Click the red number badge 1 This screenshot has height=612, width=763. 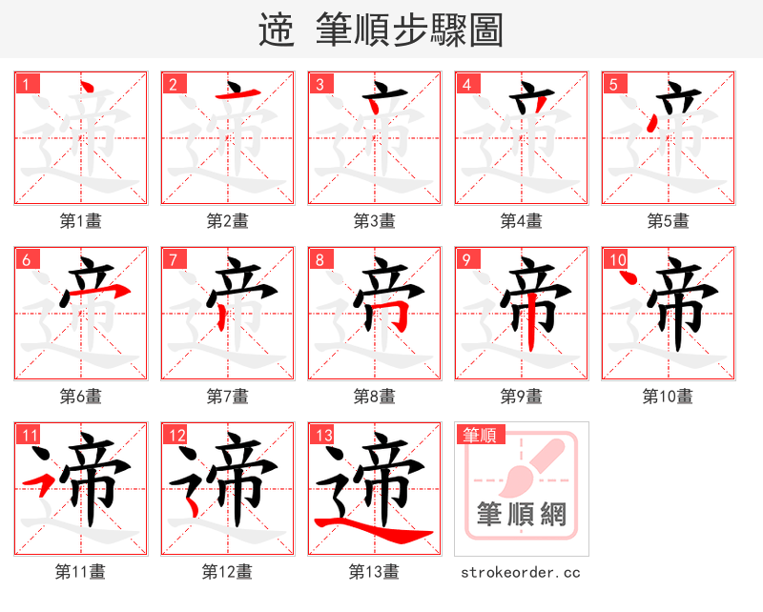tap(25, 83)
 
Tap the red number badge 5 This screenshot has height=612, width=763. tap(612, 83)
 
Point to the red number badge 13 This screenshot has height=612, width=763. tap(322, 435)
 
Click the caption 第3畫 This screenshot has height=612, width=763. tap(374, 221)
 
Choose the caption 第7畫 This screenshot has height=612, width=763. tap(227, 396)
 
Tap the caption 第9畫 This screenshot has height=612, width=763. tap(521, 396)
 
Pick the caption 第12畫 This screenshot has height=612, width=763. tap(227, 572)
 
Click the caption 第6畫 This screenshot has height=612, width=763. tap(80, 396)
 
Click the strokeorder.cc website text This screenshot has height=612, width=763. tap(521, 572)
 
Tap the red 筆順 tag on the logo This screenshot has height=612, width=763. tap(479, 435)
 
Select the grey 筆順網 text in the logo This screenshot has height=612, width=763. tap(521, 516)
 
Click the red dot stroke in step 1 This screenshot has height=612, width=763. tap(87, 90)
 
